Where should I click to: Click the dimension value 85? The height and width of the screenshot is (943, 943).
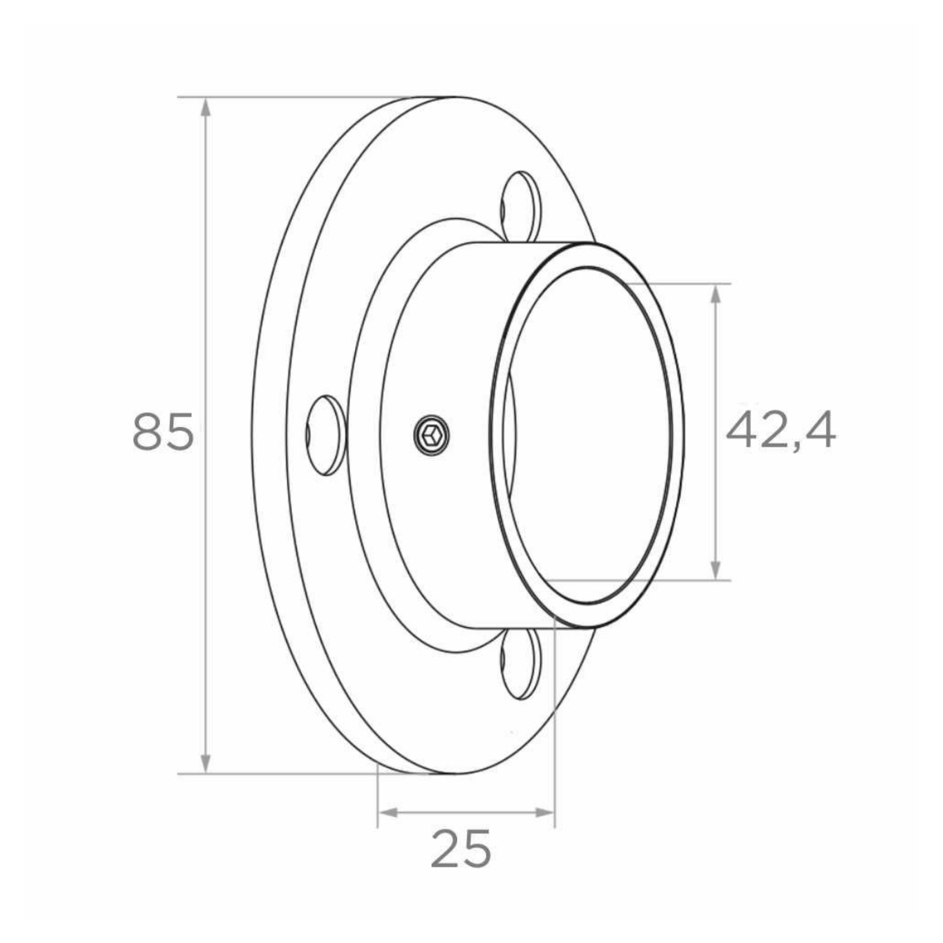tap(163, 431)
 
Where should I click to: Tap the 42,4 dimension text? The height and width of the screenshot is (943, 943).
tap(780, 431)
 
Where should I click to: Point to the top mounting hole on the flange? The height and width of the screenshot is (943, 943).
tap(521, 208)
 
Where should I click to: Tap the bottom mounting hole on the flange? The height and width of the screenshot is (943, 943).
tap(521, 664)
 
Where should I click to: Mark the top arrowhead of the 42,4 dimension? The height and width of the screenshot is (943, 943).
tap(716, 294)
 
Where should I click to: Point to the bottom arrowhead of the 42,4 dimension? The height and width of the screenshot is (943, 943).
tap(716, 569)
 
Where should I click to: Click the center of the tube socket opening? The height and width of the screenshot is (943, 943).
tap(588, 434)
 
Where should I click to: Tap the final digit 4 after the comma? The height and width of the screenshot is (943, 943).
tap(819, 431)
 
